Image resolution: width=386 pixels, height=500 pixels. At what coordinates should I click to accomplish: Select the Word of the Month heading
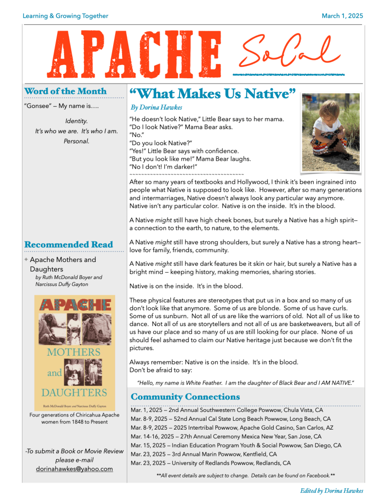click(x=65, y=91)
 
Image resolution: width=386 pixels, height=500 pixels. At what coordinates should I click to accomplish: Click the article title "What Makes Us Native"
click(x=212, y=93)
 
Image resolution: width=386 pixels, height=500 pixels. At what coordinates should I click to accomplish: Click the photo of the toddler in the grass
click(x=331, y=132)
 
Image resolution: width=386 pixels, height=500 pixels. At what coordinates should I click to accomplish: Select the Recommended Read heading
click(x=68, y=244)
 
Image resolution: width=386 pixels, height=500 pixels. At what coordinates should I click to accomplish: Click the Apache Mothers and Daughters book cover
click(x=74, y=352)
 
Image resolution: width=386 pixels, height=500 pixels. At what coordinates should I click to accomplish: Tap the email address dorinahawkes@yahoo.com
click(x=74, y=469)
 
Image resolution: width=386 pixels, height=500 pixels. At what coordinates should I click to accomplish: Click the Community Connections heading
click(x=185, y=396)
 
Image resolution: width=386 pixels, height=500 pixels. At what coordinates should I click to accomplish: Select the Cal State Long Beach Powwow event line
click(x=230, y=419)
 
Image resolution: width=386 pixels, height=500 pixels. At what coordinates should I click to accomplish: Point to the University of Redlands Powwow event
click(x=210, y=463)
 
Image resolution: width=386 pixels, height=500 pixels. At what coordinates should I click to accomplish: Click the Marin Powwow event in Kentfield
click(x=203, y=454)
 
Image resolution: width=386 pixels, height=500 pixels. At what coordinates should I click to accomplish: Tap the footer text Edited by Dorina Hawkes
click(x=331, y=490)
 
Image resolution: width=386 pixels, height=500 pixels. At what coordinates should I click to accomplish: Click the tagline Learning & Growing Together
click(x=65, y=16)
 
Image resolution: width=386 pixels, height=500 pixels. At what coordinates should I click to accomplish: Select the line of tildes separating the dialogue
click(x=186, y=174)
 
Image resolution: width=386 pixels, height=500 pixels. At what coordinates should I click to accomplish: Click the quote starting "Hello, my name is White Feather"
click(x=245, y=382)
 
